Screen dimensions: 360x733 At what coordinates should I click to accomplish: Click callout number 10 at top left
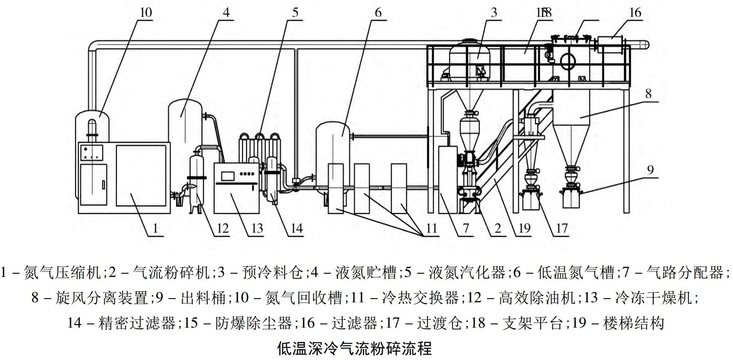145,12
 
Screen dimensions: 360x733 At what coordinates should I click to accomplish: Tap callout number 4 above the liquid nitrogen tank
226,12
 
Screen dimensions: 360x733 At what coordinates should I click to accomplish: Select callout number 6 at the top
378,12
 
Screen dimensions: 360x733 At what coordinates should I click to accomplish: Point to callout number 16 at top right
635,12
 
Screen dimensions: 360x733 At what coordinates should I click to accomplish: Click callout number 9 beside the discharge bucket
650,170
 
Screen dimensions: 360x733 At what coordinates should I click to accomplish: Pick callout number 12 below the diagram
223,228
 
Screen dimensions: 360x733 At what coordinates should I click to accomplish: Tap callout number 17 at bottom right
561,228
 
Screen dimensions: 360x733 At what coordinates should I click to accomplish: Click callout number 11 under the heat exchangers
431,228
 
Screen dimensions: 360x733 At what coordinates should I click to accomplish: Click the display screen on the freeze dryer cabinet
228,175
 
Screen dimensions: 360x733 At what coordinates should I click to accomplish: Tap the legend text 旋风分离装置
101,298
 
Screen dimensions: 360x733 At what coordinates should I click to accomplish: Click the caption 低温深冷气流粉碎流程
354,348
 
